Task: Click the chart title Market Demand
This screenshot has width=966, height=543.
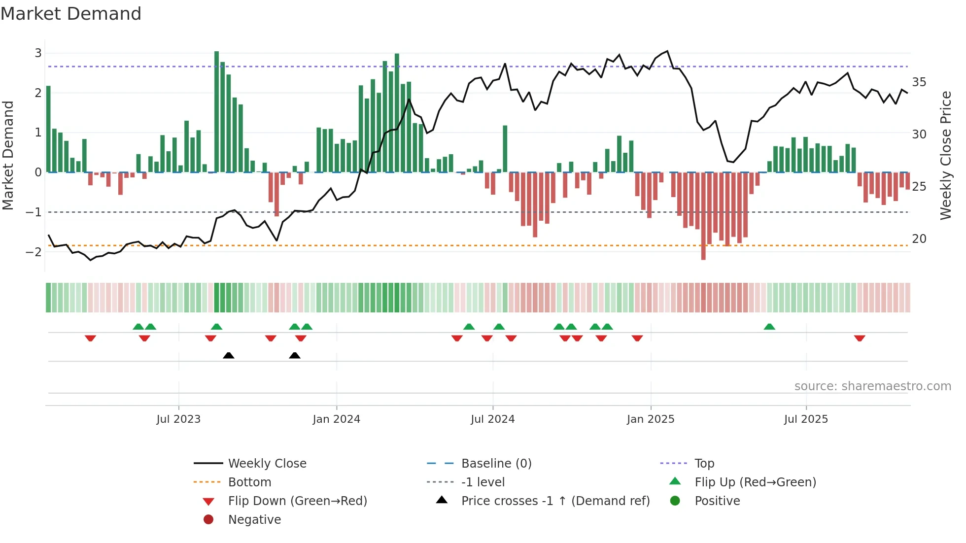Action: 71,14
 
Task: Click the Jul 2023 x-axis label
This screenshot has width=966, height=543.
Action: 178,419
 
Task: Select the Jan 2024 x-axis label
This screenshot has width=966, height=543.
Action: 337,419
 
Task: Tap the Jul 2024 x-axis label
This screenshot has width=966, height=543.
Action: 492,419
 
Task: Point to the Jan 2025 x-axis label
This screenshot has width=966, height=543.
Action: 651,419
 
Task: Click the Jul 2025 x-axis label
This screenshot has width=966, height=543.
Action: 806,419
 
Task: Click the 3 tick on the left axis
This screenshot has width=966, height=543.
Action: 38,53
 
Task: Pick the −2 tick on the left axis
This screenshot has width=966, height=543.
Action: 34,252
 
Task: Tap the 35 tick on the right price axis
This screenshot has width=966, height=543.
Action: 919,82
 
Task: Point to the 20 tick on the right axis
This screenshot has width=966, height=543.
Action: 919,239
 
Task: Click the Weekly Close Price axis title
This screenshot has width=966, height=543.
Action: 945,155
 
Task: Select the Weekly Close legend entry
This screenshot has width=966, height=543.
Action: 267,464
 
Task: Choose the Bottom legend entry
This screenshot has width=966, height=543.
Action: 249,482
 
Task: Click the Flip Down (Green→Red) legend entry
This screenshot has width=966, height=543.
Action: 297,501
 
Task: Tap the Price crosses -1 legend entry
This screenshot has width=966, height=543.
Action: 555,501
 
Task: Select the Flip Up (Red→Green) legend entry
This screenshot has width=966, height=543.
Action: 755,482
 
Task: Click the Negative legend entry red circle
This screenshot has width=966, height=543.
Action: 208,520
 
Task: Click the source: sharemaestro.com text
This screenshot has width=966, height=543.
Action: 872,386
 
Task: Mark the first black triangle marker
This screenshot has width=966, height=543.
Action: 228,355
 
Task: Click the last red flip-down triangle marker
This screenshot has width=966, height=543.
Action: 860,339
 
